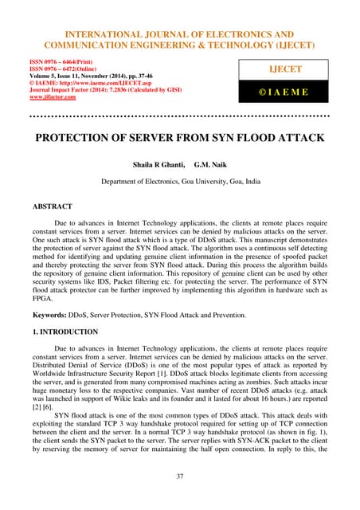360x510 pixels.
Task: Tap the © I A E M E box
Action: (296, 92)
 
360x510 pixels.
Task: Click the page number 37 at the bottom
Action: (180, 477)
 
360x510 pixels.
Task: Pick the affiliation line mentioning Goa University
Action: (180, 180)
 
